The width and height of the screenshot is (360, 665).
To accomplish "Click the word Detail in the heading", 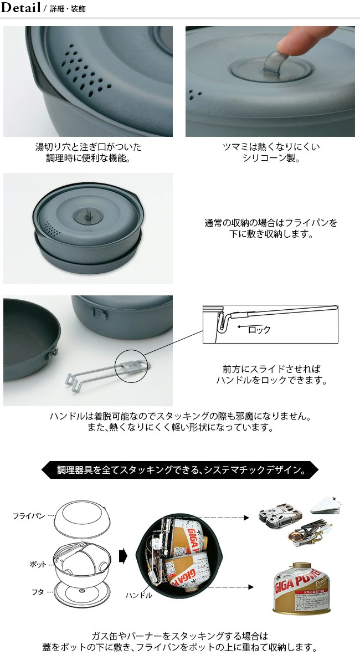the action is point(20,7).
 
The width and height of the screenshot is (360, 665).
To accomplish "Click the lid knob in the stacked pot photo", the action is point(88,215).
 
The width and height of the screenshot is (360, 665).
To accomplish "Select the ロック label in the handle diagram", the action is point(259,329).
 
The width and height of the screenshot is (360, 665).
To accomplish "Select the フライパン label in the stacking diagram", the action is point(29,516).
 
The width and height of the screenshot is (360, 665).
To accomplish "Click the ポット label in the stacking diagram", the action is point(38,564).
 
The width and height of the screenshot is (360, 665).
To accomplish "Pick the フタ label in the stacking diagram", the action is point(38,592).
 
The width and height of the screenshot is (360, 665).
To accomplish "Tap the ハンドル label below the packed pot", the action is point(138,595).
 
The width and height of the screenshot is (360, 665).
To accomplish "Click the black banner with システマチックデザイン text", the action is point(180,470).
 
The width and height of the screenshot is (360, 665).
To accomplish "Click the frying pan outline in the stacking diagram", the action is point(82,519).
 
